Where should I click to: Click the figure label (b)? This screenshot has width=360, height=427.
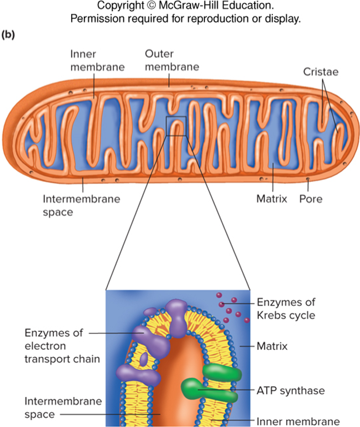(8, 34)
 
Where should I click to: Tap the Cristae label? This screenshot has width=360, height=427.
(321, 72)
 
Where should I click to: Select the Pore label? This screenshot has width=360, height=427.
(311, 198)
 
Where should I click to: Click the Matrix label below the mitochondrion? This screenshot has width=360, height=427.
(272, 198)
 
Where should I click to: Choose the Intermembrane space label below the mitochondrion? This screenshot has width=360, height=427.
(81, 205)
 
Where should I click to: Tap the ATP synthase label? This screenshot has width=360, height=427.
(291, 391)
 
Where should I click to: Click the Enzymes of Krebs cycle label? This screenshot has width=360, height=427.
(286, 309)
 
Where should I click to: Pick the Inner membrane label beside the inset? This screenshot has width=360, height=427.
(298, 421)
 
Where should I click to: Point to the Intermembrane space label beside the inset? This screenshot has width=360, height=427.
(63, 408)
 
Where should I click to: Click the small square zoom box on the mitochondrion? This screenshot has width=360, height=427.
(176, 126)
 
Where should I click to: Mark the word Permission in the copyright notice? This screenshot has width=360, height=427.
(98, 19)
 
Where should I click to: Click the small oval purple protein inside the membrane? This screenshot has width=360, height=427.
(143, 358)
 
